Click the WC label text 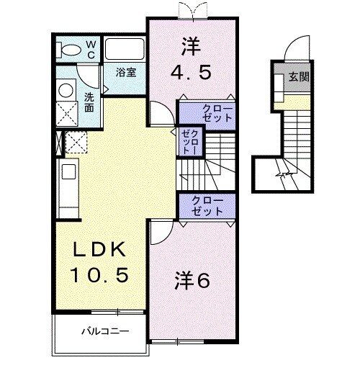91,48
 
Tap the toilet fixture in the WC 71,49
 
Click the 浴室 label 128,72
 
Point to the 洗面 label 88,102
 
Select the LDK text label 102,250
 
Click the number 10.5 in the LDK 102,274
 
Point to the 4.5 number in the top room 192,73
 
